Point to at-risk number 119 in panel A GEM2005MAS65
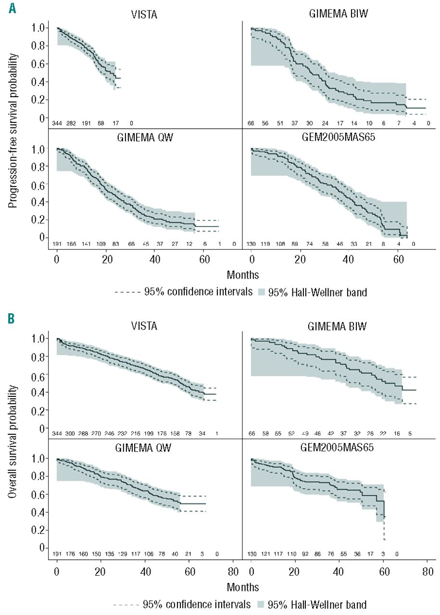272,244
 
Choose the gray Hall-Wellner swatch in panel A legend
268,292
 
